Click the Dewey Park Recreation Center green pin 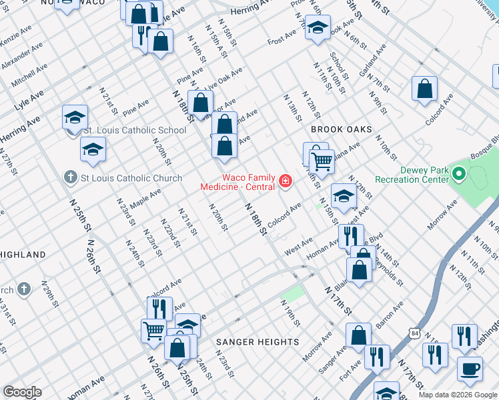coord(458,175)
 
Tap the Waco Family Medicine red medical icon coord(286,181)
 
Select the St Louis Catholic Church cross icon coord(71,177)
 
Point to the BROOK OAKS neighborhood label coord(340,129)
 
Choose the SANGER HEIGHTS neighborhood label coord(258,342)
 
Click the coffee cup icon coord(470,368)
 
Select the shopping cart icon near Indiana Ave coord(322,160)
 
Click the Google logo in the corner coord(22,392)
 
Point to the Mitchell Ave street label coord(29,75)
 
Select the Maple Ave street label coord(145,197)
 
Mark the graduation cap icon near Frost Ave coord(318,28)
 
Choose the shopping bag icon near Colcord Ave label coord(424,89)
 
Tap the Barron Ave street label coord(390,315)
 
